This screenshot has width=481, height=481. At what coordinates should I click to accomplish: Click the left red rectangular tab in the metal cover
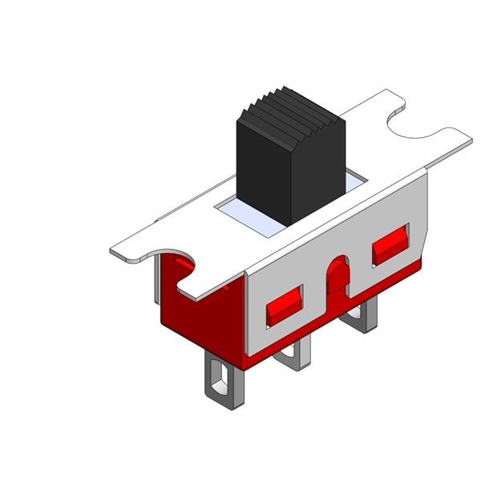tap(284, 305)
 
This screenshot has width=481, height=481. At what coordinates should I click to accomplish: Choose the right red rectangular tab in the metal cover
tap(391, 244)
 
